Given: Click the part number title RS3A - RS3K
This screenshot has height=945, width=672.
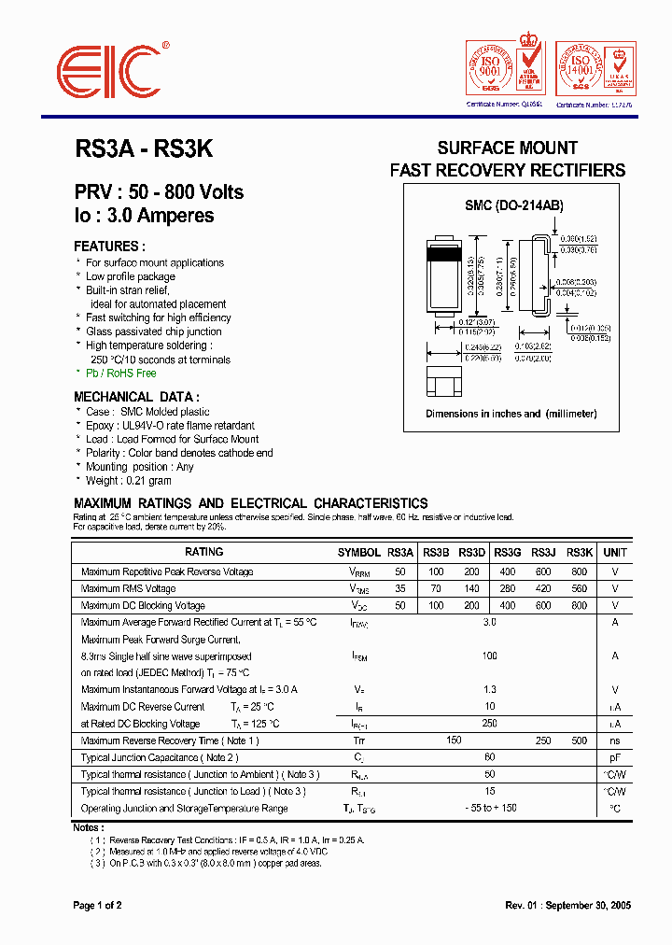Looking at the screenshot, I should click(144, 149).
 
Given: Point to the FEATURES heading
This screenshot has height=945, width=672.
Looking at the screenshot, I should click(109, 247).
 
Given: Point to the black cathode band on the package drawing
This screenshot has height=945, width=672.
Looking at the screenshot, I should click(445, 251).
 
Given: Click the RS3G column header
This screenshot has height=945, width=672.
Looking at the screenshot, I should click(508, 552).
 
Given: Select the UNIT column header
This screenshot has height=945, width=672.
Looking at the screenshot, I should click(615, 552).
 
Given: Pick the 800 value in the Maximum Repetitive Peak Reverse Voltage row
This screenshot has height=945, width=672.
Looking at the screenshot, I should click(579, 571).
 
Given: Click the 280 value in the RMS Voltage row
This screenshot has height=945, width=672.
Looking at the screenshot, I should click(508, 588).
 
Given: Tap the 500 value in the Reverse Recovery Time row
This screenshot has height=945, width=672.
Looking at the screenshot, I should click(579, 740).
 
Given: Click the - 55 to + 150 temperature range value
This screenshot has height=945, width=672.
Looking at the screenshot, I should click(489, 808).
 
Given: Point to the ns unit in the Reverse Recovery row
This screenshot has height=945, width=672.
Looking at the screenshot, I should click(615, 740).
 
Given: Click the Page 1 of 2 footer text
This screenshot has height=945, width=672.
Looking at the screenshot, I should click(97, 906).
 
